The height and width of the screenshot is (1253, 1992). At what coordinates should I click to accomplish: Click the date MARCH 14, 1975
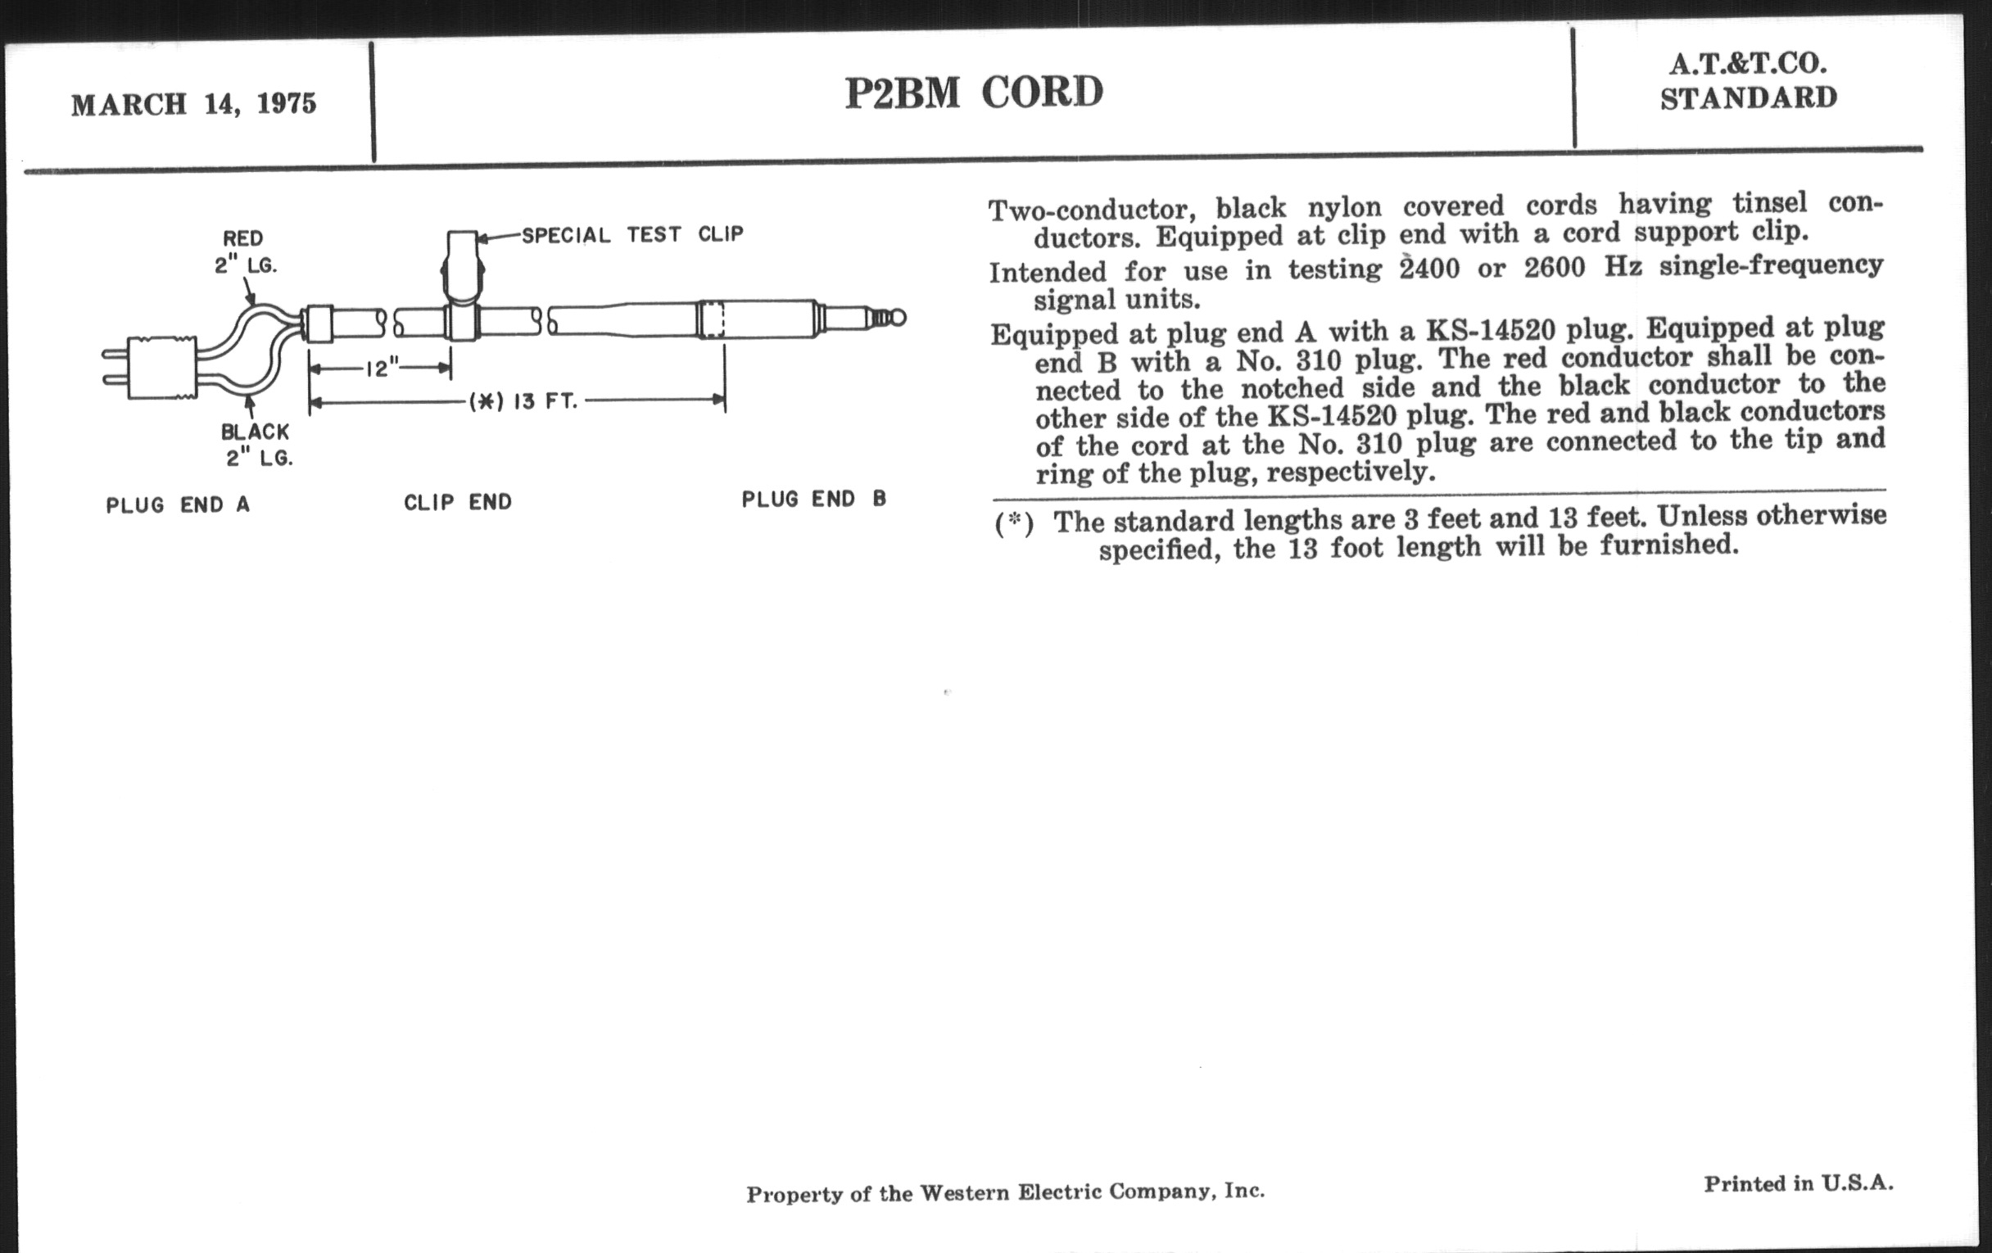pos(193,104)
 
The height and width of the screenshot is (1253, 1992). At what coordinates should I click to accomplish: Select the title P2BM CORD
pos(974,92)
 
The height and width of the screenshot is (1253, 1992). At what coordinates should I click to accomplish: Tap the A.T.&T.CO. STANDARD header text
pos(1748,81)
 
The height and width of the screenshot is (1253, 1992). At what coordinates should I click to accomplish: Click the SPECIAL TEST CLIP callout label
pos(632,235)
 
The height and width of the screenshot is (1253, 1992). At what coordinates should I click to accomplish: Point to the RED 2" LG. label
pos(244,251)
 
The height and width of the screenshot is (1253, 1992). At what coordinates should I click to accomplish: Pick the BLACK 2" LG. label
pos(256,444)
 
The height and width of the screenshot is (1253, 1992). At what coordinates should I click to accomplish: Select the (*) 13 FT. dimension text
pos(523,402)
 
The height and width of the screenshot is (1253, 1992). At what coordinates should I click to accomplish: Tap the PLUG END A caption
pos(177,505)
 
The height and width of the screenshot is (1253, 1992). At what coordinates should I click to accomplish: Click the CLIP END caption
pos(458,502)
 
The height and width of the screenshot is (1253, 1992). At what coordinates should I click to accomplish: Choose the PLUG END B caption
pos(813,500)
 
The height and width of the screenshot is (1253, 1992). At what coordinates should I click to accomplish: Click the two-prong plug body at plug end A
pos(162,367)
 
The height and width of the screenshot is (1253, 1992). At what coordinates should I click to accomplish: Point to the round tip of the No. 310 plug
pos(897,318)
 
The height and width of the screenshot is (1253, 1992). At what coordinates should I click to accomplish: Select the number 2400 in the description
pos(1429,269)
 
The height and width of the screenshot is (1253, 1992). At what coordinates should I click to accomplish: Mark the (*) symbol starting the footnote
pos(1013,524)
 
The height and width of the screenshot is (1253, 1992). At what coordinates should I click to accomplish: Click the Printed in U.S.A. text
pos(1798,1183)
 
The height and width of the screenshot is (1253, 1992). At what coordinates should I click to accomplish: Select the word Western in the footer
pos(964,1192)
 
